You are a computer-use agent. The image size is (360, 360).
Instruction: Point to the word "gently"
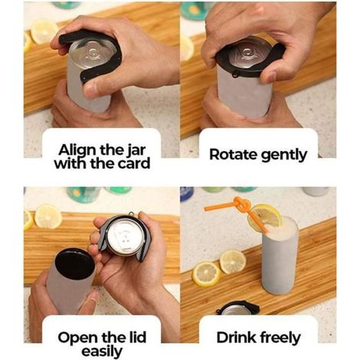click(283, 155)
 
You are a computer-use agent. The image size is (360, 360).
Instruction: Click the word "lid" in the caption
click(136, 337)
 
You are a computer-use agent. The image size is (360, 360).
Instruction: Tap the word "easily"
click(102, 352)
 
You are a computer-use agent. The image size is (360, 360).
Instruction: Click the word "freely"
click(280, 339)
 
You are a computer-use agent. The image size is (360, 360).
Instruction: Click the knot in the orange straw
click(241, 204)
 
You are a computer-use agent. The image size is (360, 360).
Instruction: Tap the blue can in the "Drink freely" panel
click(187, 194)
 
